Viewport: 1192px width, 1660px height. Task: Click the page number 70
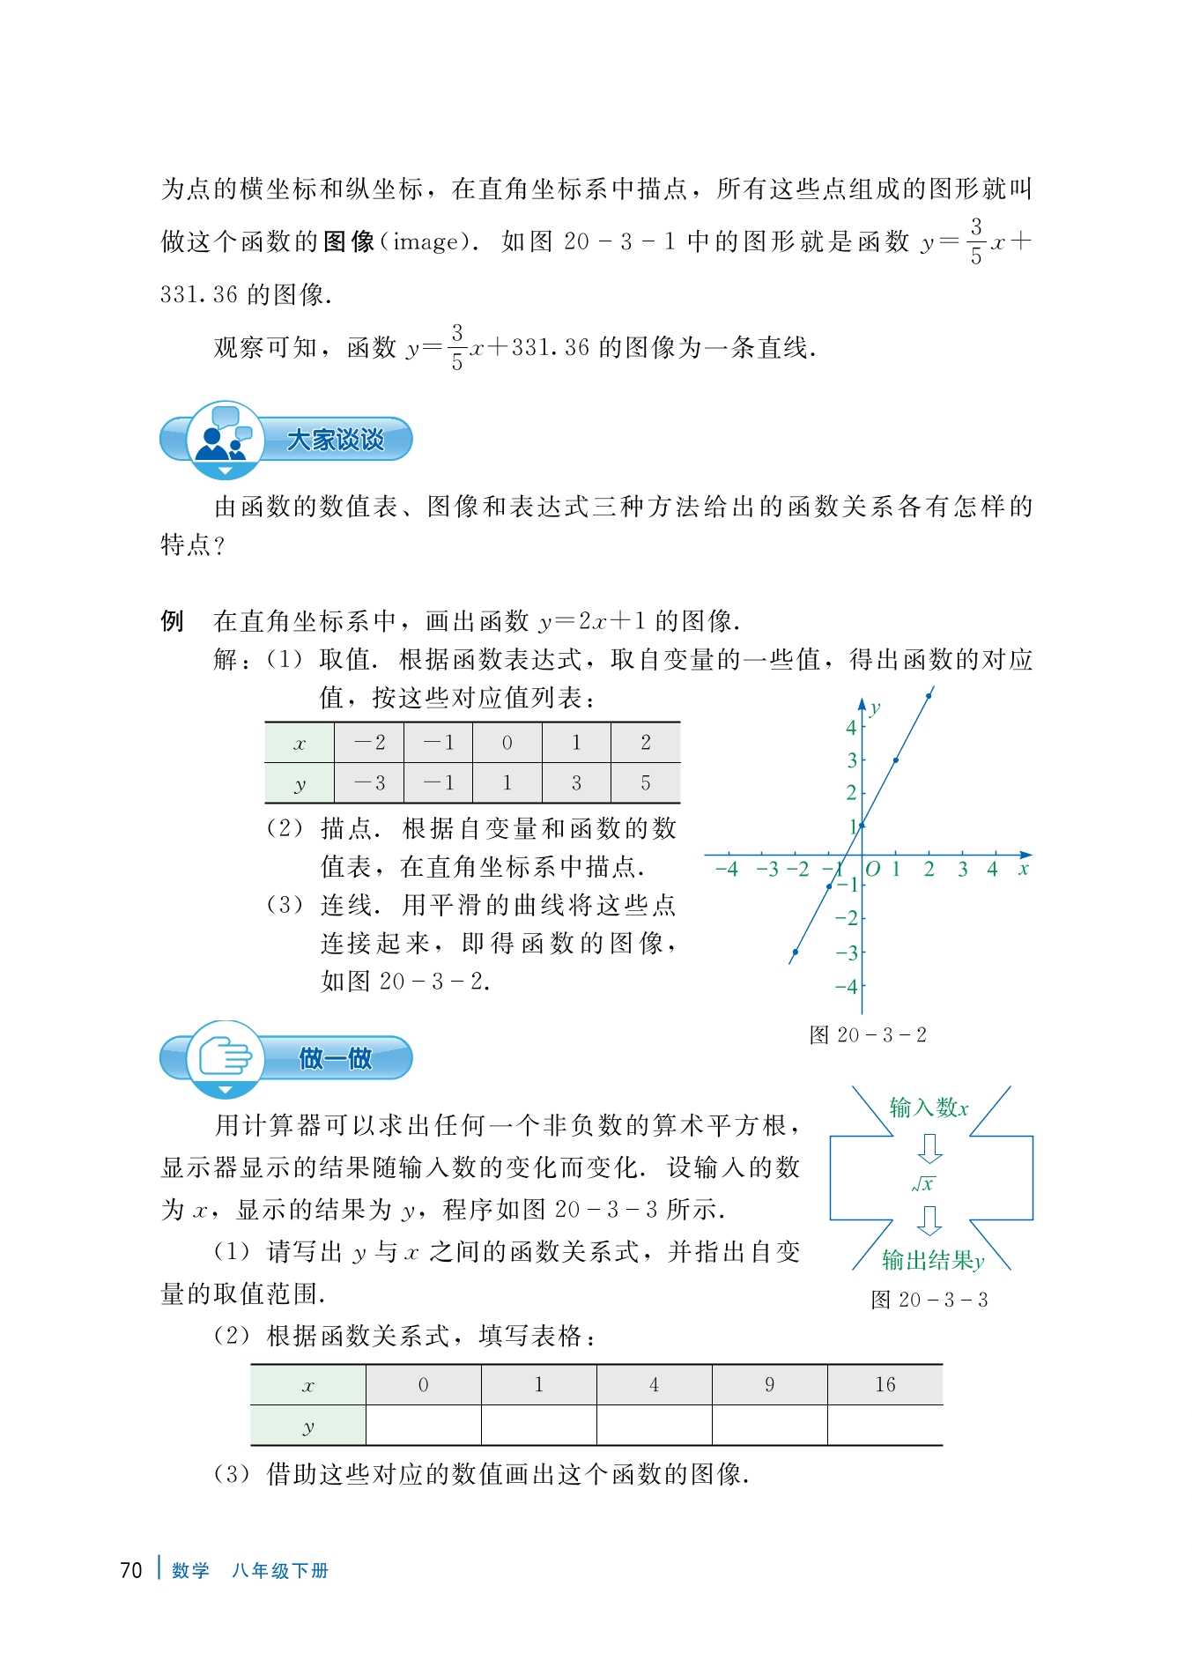click(x=130, y=1570)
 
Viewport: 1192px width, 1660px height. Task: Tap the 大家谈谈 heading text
click(x=336, y=440)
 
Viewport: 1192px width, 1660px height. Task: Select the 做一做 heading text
click(x=336, y=1058)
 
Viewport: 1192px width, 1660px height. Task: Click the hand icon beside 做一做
click(x=225, y=1056)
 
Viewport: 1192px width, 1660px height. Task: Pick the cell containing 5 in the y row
click(x=646, y=782)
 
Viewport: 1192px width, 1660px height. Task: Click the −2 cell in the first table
click(x=369, y=743)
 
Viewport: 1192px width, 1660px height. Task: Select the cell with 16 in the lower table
click(x=885, y=1384)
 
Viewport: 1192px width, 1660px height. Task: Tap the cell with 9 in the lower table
click(x=769, y=1384)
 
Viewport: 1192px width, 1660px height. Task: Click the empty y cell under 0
click(x=424, y=1425)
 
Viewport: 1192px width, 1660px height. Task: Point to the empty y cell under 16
click(x=885, y=1425)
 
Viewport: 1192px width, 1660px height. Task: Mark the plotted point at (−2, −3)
click(x=796, y=952)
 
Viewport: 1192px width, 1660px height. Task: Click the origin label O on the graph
click(x=872, y=869)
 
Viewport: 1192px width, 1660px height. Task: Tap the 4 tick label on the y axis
click(x=851, y=727)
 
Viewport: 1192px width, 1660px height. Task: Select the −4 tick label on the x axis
click(x=726, y=869)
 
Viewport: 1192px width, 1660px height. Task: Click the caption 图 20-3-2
click(x=868, y=1034)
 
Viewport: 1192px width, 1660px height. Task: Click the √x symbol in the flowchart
click(x=924, y=1184)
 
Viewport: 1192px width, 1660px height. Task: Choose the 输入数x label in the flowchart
click(x=929, y=1108)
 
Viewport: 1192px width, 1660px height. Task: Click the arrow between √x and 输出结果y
click(x=929, y=1221)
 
